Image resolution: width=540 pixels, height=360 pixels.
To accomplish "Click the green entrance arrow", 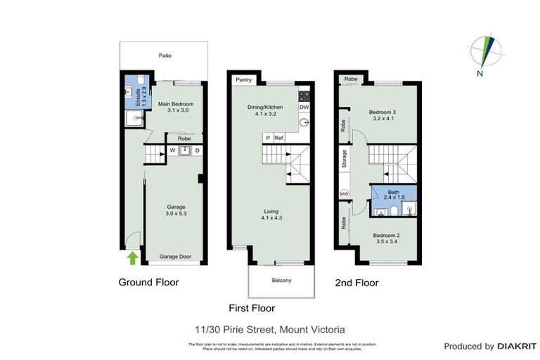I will coord(131,258).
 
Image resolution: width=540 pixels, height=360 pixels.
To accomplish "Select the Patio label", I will coord(165,56).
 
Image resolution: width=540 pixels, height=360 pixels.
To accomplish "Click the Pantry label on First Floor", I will coord(244,80).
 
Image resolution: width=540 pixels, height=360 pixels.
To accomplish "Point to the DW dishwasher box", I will coord(304,108).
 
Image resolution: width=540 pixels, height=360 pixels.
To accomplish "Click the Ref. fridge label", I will coord(279,138).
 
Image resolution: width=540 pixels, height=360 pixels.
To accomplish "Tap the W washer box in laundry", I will coord(172,150).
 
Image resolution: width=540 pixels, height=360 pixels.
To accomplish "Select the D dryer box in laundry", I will coord(197,150).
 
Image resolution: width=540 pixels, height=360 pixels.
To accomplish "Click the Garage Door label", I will coord(175,257).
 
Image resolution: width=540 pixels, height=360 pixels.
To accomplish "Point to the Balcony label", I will coord(281,281).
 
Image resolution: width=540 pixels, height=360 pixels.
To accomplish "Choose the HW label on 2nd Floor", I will coord(344,193).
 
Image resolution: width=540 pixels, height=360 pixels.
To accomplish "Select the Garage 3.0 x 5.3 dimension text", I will coord(175,210).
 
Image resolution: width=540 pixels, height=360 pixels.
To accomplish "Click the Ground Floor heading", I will coord(148,282).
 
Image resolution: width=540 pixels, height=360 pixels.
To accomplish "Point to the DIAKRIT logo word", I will coord(517,346).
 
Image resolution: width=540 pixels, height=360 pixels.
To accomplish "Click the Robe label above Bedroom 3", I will coord(351,79).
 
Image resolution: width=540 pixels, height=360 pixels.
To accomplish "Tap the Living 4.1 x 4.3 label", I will coord(271,214).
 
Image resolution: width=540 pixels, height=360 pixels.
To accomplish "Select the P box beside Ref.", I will coord(266,138).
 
